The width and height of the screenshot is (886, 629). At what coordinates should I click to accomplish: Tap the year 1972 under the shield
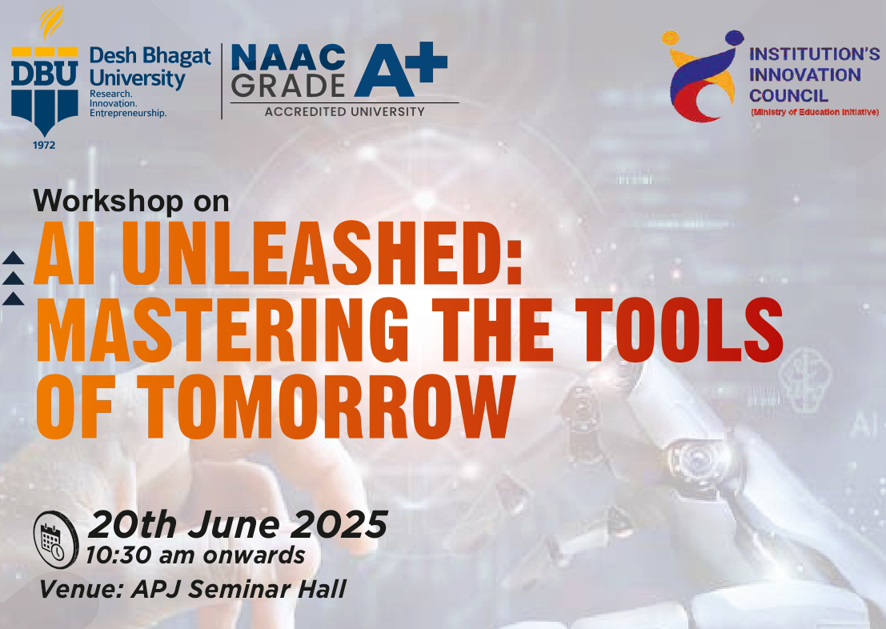44,145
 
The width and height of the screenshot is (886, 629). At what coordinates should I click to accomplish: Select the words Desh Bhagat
150,56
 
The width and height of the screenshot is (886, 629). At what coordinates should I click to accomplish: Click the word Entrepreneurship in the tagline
128,113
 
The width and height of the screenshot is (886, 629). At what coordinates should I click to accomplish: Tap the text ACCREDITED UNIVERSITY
345,112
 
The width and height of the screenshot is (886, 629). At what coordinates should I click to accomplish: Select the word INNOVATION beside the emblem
804,74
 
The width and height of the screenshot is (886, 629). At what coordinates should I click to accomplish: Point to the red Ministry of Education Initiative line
814,112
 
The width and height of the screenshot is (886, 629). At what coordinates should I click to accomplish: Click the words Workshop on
131,201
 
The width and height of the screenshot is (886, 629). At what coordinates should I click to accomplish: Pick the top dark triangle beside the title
13,258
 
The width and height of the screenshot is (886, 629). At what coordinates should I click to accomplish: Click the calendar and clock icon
55,539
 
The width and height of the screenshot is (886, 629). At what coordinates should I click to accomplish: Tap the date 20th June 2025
238,524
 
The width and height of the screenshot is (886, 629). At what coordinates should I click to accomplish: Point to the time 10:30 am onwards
195,555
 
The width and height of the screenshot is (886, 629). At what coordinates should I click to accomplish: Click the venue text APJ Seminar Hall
239,590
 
